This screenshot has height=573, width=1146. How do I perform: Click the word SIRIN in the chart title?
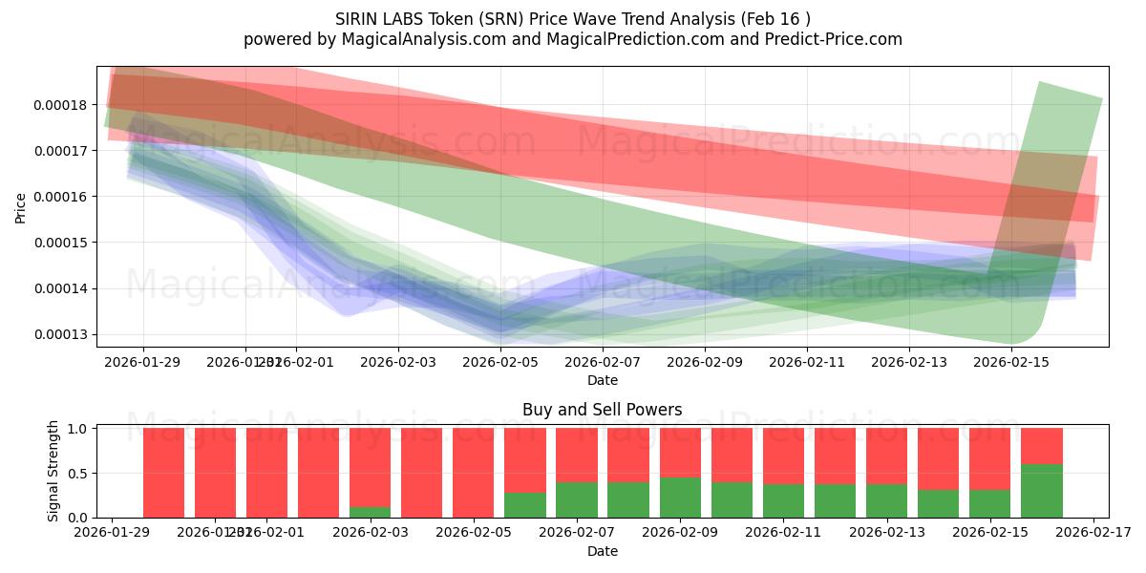[x=357, y=19]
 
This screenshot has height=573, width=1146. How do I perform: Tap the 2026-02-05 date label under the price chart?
[x=500, y=362]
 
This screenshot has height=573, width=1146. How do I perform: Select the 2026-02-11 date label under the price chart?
[x=807, y=362]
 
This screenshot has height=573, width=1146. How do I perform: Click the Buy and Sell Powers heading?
[x=602, y=411]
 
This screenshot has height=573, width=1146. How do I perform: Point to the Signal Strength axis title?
[x=53, y=471]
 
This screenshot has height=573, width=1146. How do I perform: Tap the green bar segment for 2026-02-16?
[x=1041, y=491]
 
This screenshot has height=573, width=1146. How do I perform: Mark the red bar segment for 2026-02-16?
[x=1041, y=446]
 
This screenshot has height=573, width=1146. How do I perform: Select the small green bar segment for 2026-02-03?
[x=370, y=512]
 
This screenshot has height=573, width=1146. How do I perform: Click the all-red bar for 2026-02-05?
[x=473, y=473]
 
